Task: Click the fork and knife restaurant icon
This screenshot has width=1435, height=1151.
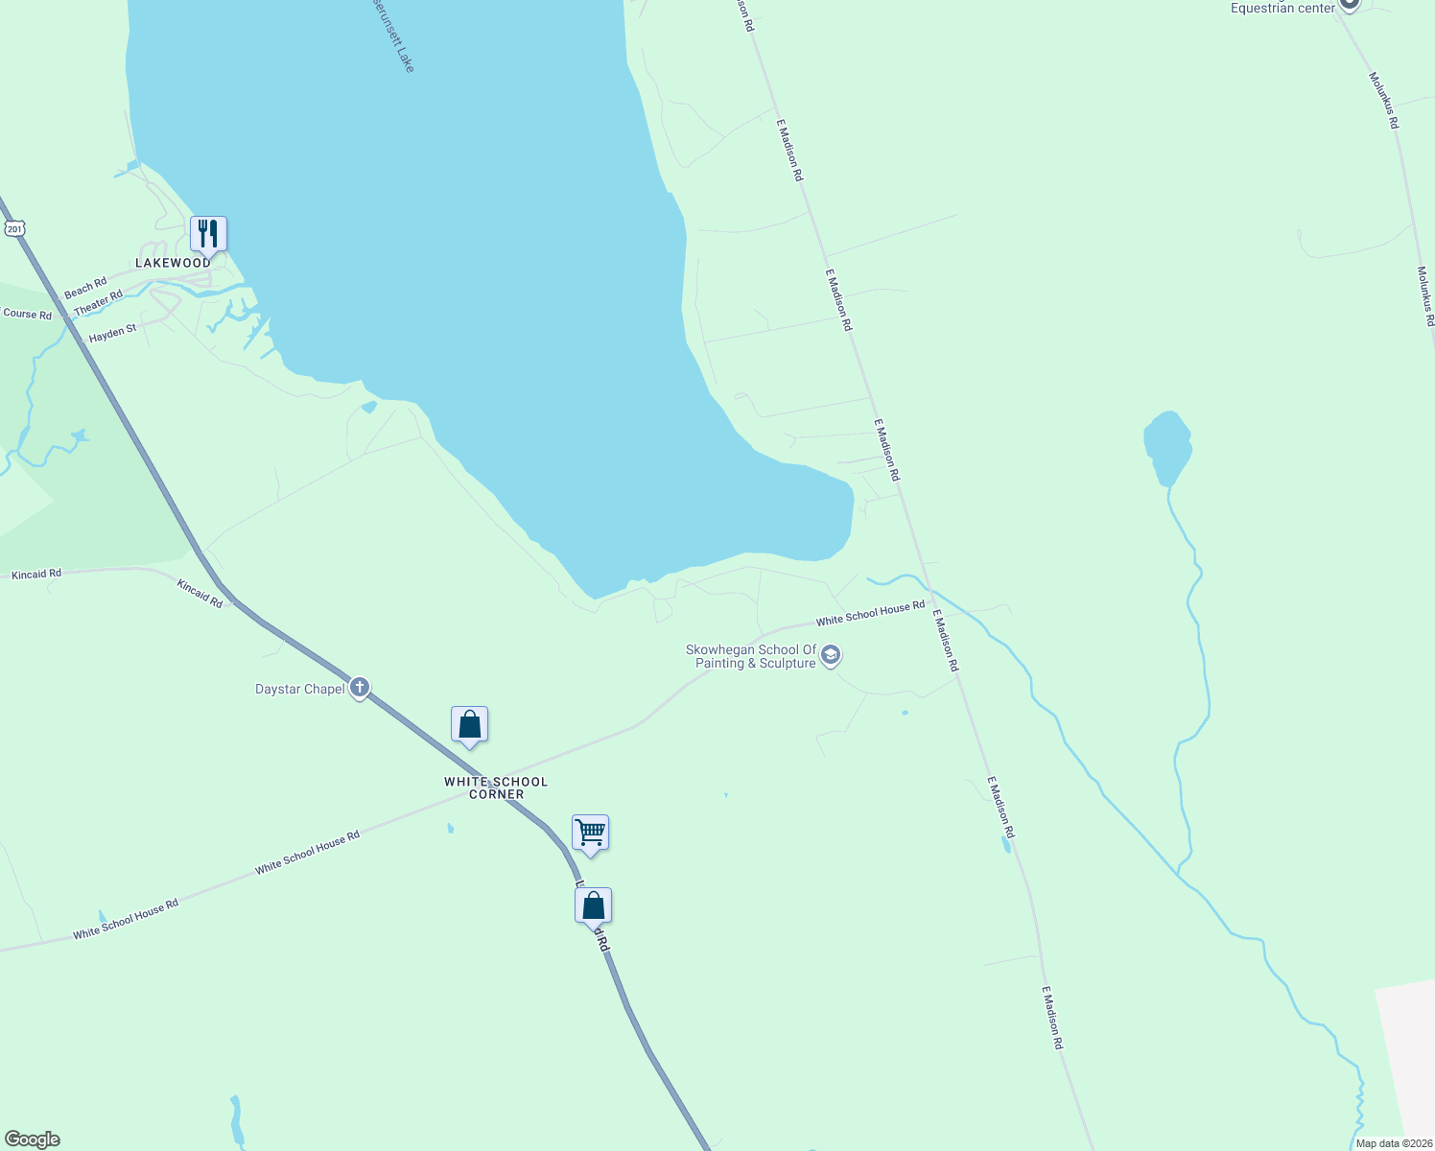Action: click(207, 233)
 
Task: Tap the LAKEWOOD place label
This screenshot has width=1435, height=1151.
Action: click(173, 263)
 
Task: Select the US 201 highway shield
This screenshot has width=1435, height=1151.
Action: click(13, 228)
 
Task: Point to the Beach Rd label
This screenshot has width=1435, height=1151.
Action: click(85, 288)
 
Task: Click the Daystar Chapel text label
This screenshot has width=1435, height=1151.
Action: click(299, 689)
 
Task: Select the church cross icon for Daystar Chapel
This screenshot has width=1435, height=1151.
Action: click(360, 687)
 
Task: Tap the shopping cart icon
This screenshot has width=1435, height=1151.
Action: click(590, 832)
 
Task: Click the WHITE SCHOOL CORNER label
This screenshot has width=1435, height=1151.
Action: click(496, 787)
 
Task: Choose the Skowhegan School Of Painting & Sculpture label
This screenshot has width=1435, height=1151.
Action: click(751, 656)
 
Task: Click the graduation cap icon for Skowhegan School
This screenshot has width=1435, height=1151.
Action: click(831, 656)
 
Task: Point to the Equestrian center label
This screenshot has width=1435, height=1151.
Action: click(1282, 8)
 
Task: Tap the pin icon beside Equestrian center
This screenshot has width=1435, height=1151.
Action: click(1349, 4)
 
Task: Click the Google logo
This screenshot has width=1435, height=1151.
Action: click(32, 1139)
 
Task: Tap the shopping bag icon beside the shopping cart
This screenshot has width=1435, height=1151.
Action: click(593, 904)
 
